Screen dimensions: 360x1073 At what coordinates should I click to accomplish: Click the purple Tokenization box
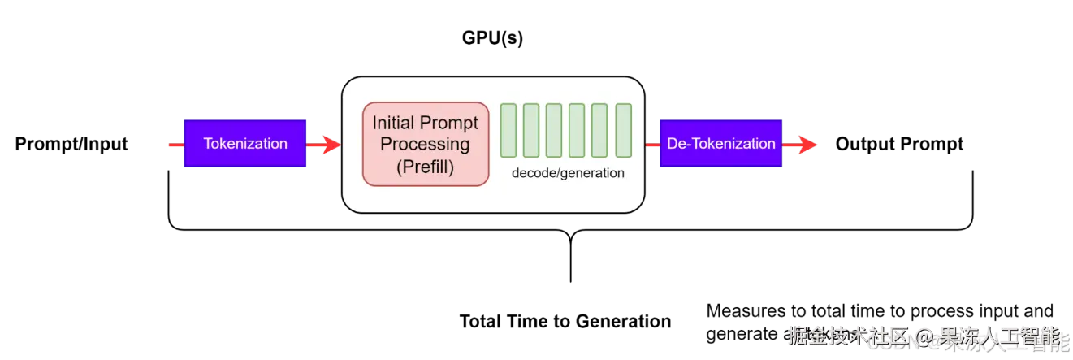click(245, 144)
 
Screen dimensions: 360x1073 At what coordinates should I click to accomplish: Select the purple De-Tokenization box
click(720, 144)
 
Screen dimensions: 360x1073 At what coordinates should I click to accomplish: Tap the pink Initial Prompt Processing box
click(426, 144)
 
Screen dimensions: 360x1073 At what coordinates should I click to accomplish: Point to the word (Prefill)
click(426, 167)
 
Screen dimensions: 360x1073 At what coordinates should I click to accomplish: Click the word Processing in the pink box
click(426, 145)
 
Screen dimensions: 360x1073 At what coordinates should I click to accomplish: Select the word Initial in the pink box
click(393, 124)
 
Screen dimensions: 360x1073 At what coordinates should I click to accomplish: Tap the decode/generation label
click(568, 173)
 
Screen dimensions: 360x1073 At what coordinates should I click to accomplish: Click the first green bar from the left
click(508, 130)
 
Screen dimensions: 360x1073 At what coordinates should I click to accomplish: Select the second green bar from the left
click(531, 130)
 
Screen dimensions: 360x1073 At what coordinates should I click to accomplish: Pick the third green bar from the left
click(554, 130)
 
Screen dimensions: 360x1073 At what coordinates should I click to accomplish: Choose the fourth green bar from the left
click(578, 130)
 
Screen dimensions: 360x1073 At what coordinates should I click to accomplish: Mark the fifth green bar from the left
click(600, 130)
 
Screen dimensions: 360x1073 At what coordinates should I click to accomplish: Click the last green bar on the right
click(623, 130)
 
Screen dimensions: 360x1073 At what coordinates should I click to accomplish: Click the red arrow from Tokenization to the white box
click(324, 145)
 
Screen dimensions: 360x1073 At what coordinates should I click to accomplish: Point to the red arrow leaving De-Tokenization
click(801, 145)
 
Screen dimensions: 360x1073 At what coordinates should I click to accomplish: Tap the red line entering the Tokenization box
click(174, 145)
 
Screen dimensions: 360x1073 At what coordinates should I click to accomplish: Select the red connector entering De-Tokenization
click(651, 145)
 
